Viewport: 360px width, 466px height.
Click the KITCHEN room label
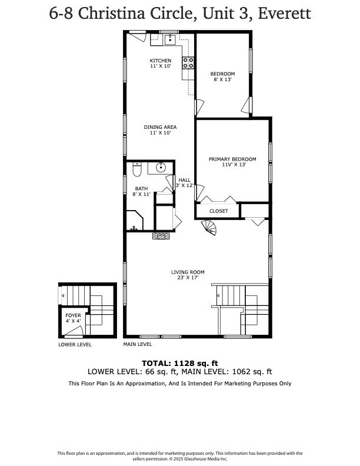[x=161, y=61]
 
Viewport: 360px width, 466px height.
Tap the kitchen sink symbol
[x=171, y=39]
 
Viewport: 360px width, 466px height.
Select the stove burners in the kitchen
[x=188, y=63]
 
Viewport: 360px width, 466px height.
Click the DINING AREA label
[x=161, y=127]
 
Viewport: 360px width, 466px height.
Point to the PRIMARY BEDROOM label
[x=232, y=159]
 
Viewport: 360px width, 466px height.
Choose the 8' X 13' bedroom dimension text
[x=222, y=79]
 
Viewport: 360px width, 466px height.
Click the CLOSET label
[x=218, y=210]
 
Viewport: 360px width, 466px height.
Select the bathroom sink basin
[x=160, y=168]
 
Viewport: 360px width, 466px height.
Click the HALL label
[x=185, y=180]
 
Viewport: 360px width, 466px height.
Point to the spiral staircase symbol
[x=209, y=227]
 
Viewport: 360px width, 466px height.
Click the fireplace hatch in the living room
[x=161, y=236]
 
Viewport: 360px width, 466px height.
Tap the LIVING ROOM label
[x=188, y=272]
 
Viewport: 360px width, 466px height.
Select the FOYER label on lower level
[x=72, y=315]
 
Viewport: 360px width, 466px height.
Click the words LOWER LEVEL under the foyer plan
[x=75, y=344]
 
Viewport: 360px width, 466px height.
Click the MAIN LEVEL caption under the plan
[x=137, y=344]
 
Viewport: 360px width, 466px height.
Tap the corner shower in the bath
[x=134, y=222]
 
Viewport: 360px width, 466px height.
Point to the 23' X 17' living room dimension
[x=188, y=278]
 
